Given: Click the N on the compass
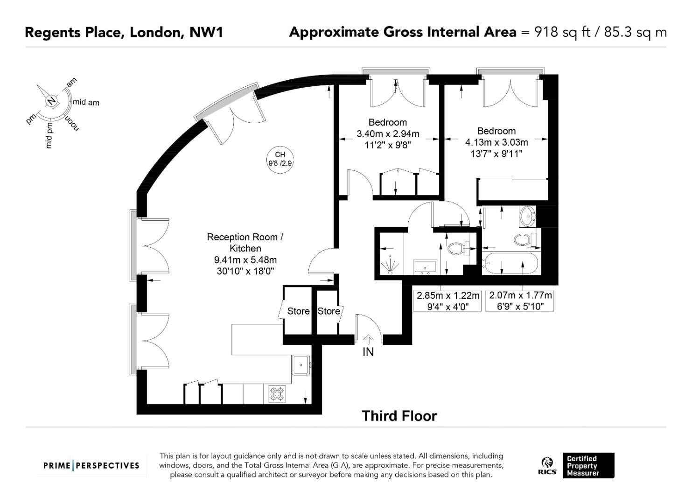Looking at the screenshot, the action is (52, 101).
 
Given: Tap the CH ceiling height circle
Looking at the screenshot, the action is (280, 159).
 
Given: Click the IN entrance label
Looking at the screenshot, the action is (368, 352).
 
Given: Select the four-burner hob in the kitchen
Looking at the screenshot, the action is (277, 394).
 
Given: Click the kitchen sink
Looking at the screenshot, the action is (301, 365).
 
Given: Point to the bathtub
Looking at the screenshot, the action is (510, 263).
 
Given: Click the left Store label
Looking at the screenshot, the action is (298, 311).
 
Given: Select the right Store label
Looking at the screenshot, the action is (329, 311).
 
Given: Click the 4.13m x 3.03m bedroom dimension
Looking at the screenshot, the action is (496, 142).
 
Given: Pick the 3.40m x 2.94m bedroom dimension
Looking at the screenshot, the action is (388, 134).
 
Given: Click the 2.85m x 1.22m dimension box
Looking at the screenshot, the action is (447, 301).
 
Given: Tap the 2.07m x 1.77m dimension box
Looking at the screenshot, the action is (520, 301).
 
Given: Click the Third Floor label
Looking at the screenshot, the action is (399, 416).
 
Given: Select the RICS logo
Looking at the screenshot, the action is (547, 466).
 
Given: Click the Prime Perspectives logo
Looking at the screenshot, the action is (91, 466).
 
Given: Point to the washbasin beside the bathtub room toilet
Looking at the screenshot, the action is (528, 217).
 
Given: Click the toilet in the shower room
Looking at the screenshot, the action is (458, 248).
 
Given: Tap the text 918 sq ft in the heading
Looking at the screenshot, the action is (563, 33).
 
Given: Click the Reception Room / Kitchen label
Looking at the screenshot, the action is (245, 243).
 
